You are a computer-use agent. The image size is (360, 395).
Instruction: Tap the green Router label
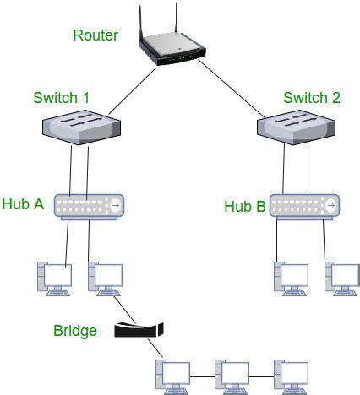[x=95, y=35]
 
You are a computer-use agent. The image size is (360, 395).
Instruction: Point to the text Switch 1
[x=62, y=98]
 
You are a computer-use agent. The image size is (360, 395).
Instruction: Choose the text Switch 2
[x=312, y=98]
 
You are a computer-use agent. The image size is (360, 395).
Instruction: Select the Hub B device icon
[x=305, y=205]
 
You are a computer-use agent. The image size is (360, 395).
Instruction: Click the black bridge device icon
[x=137, y=329]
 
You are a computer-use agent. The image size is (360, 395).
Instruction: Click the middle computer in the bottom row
[x=231, y=376]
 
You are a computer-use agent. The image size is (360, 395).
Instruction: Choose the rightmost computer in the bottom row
[x=290, y=376]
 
